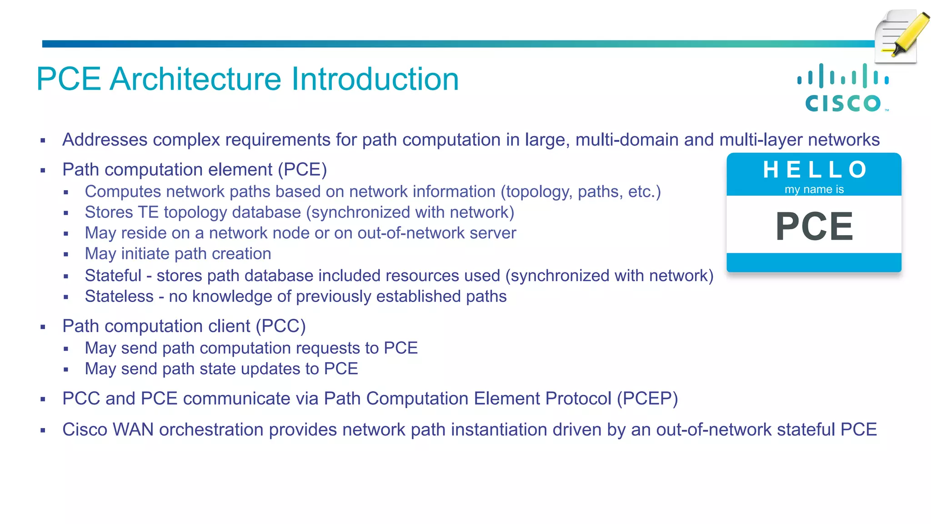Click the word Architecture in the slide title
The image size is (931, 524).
pyautogui.click(x=196, y=79)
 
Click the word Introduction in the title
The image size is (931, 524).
pyautogui.click(x=375, y=79)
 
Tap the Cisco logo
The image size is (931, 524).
pyautogui.click(x=844, y=88)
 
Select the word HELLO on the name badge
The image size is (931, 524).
pyautogui.click(x=814, y=170)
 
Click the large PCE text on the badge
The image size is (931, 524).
pyautogui.click(x=814, y=226)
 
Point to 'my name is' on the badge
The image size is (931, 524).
pyautogui.click(x=814, y=189)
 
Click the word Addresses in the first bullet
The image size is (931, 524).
pyautogui.click(x=105, y=140)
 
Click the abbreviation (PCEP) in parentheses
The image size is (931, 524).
pyautogui.click(x=647, y=398)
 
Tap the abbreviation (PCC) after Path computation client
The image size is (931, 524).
pyautogui.click(x=280, y=326)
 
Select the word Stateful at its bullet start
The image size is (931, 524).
pyautogui.click(x=113, y=276)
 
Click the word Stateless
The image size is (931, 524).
pyautogui.click(x=119, y=297)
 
